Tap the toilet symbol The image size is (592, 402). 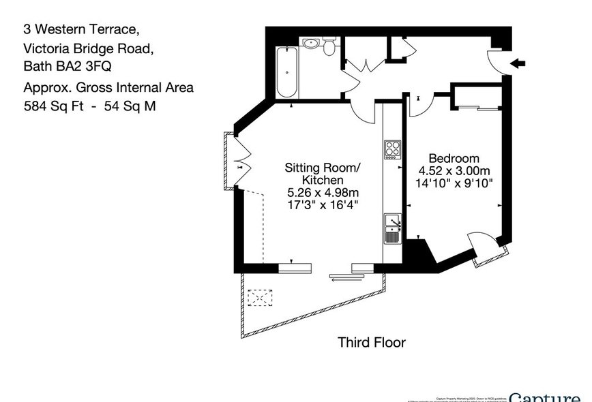coord(329,46)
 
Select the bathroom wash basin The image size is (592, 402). coord(311,43)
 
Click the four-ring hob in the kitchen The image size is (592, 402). coord(392,149)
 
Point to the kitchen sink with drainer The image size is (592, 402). coord(392,228)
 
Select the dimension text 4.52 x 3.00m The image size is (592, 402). coord(452,170)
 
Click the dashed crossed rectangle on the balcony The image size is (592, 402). coord(261,299)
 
